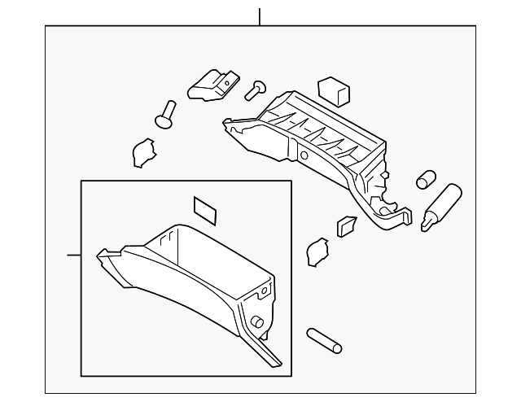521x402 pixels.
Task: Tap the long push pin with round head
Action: pyautogui.click(x=167, y=113)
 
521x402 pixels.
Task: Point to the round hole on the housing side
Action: pyautogui.click(x=303, y=155)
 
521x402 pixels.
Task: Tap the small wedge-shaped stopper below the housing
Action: pyautogui.click(x=346, y=225)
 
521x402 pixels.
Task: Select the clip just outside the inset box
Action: pyautogui.click(x=315, y=251)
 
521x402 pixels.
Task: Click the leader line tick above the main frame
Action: pyautogui.click(x=259, y=16)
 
